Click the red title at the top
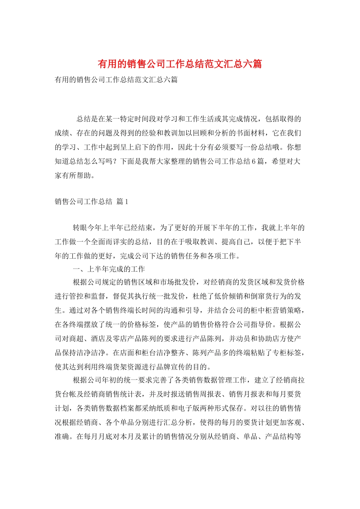(x=180, y=64)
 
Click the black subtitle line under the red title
(x=116, y=80)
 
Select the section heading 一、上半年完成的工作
(x=109, y=269)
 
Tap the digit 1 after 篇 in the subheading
(x=127, y=201)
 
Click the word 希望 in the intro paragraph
(x=279, y=161)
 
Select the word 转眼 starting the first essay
(x=80, y=228)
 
